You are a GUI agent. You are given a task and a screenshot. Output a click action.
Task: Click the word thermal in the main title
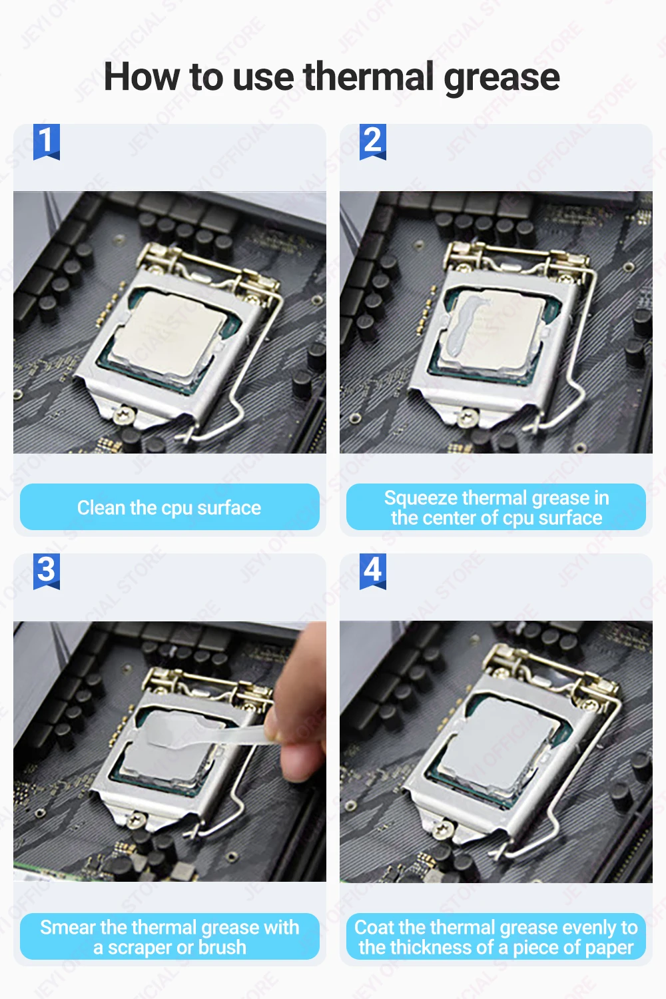[368, 77]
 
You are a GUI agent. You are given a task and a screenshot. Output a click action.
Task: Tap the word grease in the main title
[501, 79]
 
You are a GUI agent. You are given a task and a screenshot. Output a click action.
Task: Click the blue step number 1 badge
[47, 141]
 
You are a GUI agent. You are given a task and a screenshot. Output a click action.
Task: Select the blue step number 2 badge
[373, 141]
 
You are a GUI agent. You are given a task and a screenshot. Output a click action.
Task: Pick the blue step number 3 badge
[47, 571]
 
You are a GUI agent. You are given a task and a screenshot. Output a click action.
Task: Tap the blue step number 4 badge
[373, 571]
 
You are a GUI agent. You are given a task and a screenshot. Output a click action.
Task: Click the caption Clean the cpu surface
[169, 507]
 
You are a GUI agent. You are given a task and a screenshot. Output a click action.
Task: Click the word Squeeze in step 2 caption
[421, 498]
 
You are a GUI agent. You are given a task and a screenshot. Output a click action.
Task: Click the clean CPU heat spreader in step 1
[168, 332]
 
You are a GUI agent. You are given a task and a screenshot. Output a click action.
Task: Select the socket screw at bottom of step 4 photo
[442, 830]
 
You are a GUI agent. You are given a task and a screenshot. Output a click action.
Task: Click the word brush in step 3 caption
[222, 948]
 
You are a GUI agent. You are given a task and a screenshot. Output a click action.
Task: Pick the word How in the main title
[141, 77]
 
